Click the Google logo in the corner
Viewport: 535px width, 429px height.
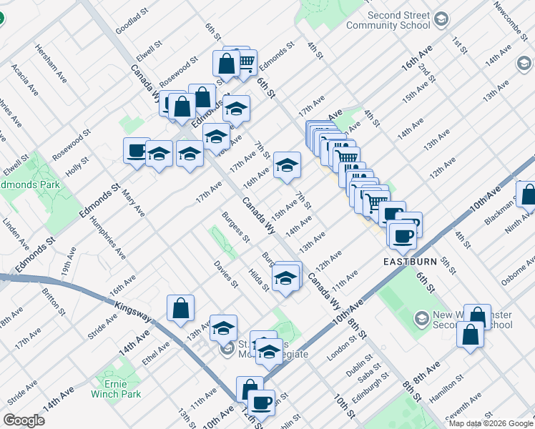click(x=24, y=420)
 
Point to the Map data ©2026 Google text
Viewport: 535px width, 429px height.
click(x=491, y=423)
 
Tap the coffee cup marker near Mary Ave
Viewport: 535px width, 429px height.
click(x=137, y=151)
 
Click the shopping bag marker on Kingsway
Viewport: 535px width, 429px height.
click(x=180, y=308)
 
